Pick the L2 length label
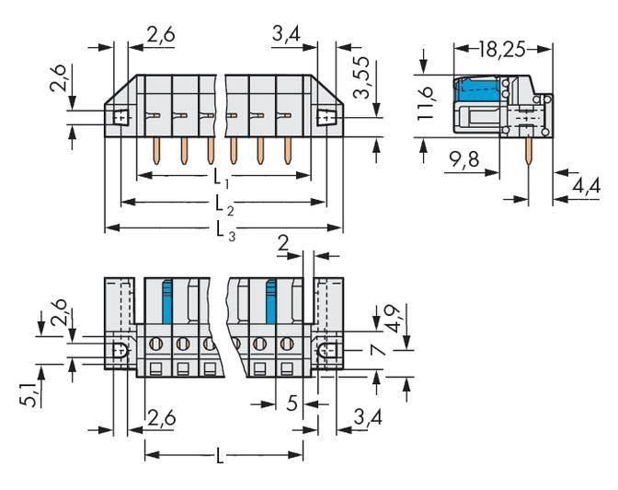222,202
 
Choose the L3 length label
222,228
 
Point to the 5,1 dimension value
30,396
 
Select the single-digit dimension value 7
372,350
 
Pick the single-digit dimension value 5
291,402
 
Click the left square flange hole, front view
119,117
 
